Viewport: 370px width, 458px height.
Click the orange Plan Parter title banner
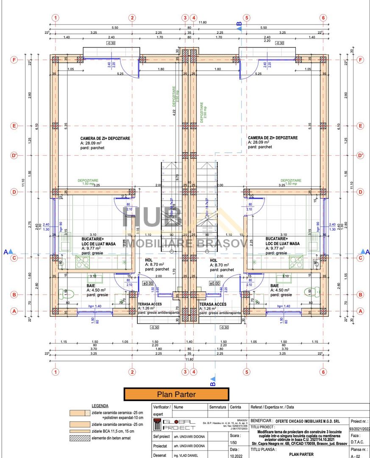point(176,394)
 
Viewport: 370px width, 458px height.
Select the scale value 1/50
point(233,442)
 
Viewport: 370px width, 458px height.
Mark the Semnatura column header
point(218,407)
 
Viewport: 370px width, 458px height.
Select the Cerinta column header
point(236,407)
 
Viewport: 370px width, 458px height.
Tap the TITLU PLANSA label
point(264,449)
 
